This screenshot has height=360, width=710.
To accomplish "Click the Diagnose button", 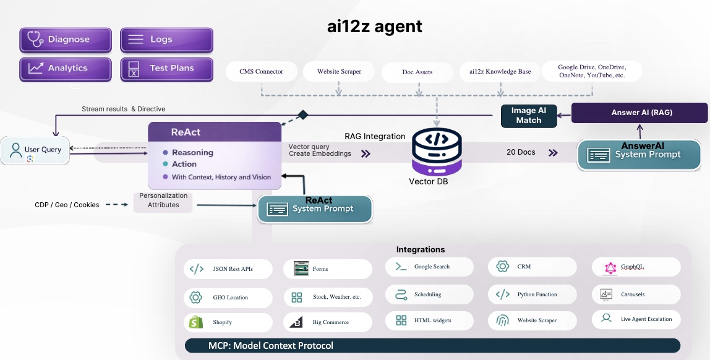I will click(x=66, y=40).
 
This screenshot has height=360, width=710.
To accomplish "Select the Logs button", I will click(x=166, y=40).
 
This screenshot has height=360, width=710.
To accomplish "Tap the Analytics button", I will click(x=66, y=69).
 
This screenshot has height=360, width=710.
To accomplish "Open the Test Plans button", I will click(x=166, y=69).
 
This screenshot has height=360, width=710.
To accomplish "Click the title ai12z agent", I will click(x=375, y=26).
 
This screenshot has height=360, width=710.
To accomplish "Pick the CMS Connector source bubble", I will click(x=262, y=72).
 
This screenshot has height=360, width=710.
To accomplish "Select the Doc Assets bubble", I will click(x=417, y=72).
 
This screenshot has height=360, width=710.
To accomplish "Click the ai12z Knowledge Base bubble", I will click(x=500, y=72).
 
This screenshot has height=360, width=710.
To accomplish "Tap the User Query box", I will click(x=35, y=150).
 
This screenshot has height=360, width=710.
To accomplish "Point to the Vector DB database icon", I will click(x=438, y=152).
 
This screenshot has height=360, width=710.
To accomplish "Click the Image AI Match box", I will click(x=529, y=116).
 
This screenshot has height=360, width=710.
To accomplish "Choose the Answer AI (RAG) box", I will click(x=639, y=113).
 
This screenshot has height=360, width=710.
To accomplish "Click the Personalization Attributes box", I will click(x=163, y=200).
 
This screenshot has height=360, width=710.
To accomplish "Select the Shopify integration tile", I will click(x=228, y=322).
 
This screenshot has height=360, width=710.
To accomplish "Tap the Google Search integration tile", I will click(x=429, y=267).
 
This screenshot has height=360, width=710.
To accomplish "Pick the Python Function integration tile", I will click(x=532, y=294).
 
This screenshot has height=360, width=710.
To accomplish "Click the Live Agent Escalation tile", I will click(x=636, y=319).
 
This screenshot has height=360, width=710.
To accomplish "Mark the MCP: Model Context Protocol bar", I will click(x=432, y=346).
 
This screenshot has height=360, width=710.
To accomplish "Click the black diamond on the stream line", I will click(x=303, y=114).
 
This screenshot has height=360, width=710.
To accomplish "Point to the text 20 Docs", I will click(x=521, y=152).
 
